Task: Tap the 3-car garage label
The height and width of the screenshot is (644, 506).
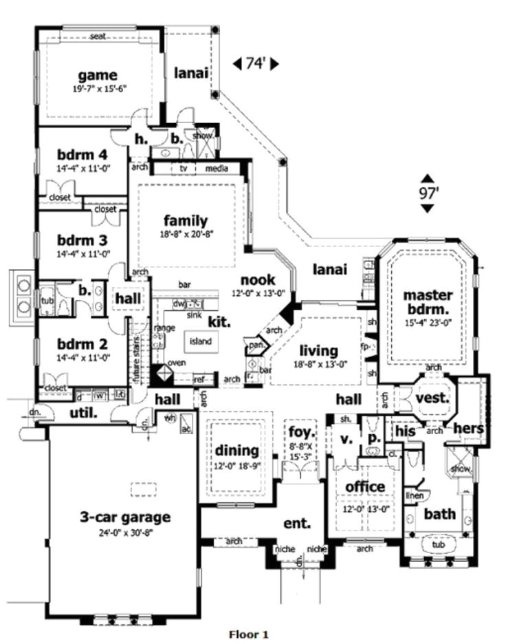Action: (x=124, y=516)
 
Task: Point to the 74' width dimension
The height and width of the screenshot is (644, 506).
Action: (x=254, y=64)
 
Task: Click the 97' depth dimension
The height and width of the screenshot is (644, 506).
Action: (x=428, y=193)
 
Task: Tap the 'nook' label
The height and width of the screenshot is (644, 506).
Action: (x=257, y=280)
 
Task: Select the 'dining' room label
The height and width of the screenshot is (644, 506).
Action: (x=236, y=451)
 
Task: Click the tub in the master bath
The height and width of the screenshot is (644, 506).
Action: (x=438, y=544)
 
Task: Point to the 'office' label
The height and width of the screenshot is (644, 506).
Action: (x=365, y=487)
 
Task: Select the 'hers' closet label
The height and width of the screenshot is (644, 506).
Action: (x=470, y=428)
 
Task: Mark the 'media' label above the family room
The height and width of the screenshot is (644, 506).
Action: (x=217, y=168)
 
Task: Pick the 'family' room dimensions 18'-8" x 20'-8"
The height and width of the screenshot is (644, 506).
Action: (x=185, y=233)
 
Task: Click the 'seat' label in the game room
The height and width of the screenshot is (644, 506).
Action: (x=97, y=36)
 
